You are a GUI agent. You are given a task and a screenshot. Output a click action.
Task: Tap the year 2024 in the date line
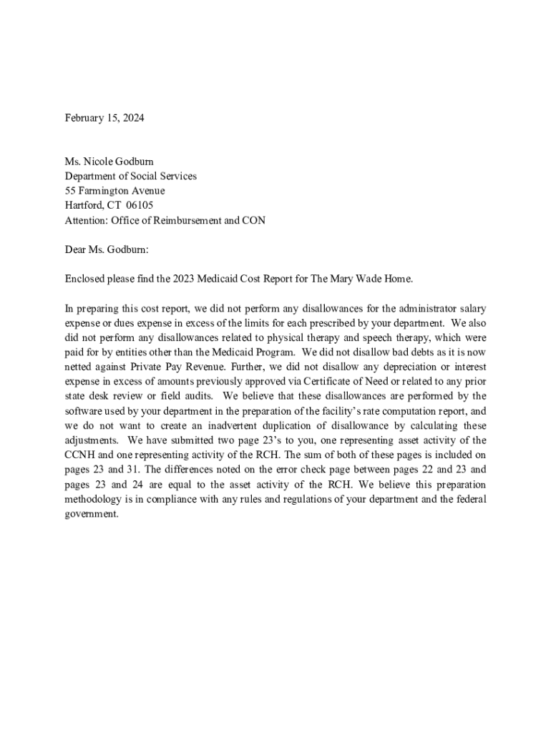[x=132, y=118]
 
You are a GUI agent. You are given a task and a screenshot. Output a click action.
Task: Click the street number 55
[x=70, y=191]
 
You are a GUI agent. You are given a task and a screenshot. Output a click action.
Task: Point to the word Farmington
[x=103, y=191]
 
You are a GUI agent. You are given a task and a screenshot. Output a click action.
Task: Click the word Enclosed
[x=86, y=279]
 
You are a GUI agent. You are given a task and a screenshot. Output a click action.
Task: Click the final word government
[x=90, y=515]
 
